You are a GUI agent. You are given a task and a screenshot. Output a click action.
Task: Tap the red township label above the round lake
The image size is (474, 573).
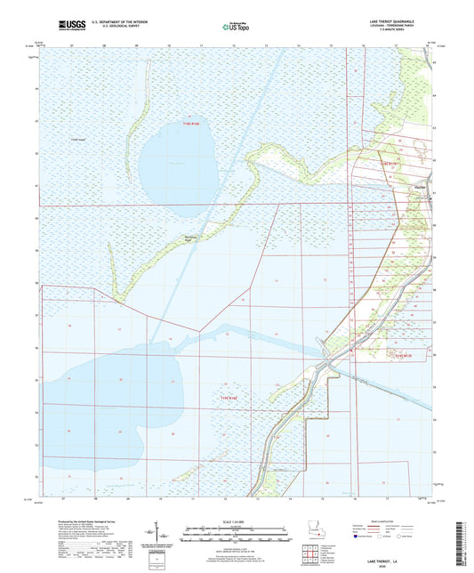192,125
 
